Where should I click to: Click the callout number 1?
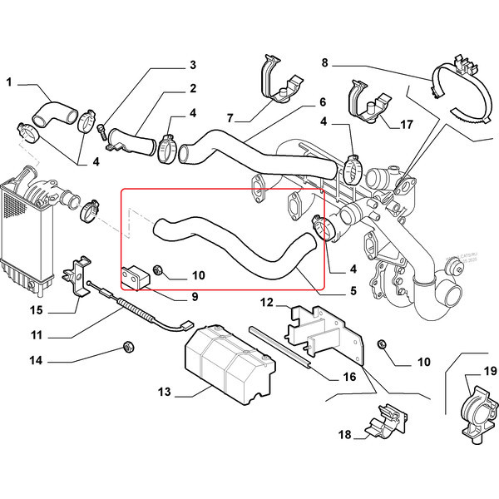[10, 82]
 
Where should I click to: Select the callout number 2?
[192, 88]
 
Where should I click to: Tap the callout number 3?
[192, 65]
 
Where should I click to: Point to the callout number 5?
[353, 291]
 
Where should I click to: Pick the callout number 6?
[322, 103]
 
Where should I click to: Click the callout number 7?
[230, 117]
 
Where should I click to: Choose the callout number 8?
[324, 62]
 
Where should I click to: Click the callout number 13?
[163, 393]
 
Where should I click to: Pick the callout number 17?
[406, 125]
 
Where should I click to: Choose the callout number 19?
[489, 371]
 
